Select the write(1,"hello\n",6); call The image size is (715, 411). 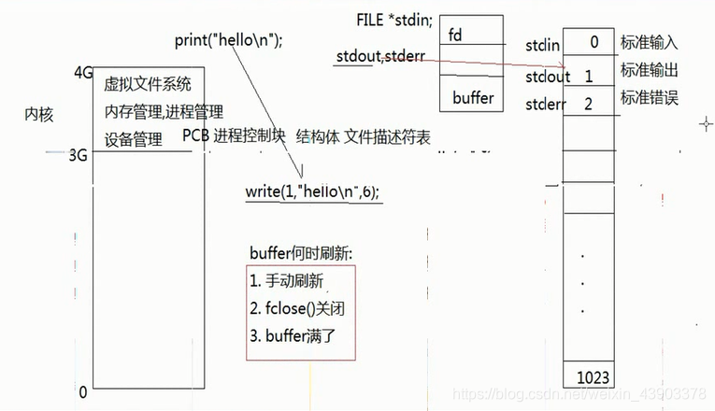pyautogui.click(x=313, y=191)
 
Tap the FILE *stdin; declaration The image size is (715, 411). pyautogui.click(x=393, y=20)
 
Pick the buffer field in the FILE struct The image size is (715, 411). pyautogui.click(x=472, y=96)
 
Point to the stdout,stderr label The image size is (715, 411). pyautogui.click(x=379, y=58)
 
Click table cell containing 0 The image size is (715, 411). pyautogui.click(x=593, y=42)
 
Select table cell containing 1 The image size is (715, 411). pyautogui.click(x=589, y=75)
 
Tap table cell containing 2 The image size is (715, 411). pyautogui.click(x=588, y=103)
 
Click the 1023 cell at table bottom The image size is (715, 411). pyautogui.click(x=593, y=377)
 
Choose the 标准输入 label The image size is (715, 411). pyautogui.click(x=649, y=43)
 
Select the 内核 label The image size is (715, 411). pyautogui.click(x=39, y=115)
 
